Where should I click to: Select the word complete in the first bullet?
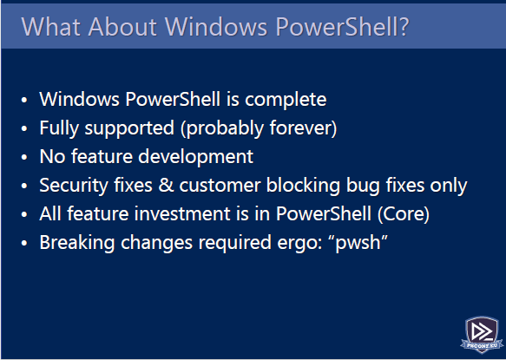pyautogui.click(x=286, y=100)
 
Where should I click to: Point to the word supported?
pyautogui.click(x=129, y=128)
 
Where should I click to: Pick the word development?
pyautogui.click(x=196, y=157)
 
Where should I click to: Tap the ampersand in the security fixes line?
pyautogui.click(x=167, y=186)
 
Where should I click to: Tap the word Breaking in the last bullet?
pyautogui.click(x=77, y=243)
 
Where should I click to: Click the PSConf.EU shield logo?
pyautogui.click(x=482, y=334)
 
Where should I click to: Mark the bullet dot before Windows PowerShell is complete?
pyautogui.click(x=24, y=100)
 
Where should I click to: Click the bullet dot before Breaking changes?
pyautogui.click(x=24, y=243)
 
